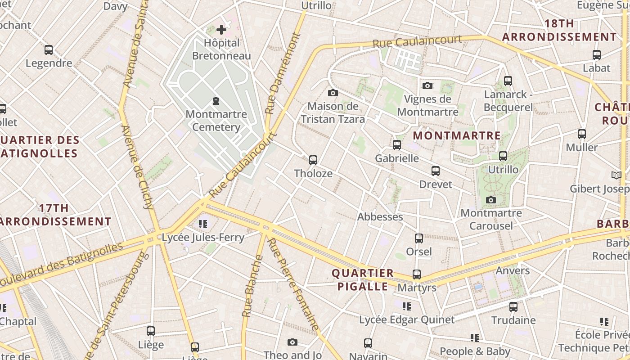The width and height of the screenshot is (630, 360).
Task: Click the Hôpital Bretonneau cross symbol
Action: [x=221, y=30]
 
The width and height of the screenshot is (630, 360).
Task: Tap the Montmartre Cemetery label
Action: [x=216, y=121]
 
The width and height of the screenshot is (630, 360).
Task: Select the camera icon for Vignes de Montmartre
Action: [x=427, y=85]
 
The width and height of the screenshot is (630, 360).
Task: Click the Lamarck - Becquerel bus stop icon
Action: [x=508, y=81]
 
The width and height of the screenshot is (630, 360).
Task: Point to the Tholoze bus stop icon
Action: [x=313, y=160]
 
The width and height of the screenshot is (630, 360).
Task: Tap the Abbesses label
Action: [x=380, y=217]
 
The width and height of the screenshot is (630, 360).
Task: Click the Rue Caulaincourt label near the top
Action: [x=417, y=41]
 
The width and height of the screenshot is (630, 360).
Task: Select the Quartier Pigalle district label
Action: [x=363, y=280]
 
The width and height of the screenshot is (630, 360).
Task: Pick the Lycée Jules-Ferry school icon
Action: [x=203, y=224]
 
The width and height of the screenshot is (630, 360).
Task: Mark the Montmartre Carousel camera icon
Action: [x=491, y=200]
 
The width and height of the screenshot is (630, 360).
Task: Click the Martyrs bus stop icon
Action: [x=417, y=274]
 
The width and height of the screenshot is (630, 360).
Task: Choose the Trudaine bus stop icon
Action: [x=513, y=307]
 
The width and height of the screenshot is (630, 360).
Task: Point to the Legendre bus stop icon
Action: [x=49, y=50]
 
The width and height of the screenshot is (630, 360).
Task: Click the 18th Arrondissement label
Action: [x=559, y=30]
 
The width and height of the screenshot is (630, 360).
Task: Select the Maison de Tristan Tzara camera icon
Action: [x=333, y=93]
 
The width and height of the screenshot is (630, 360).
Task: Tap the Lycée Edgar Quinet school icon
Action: [x=407, y=306]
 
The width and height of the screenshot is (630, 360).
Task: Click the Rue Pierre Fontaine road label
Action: [x=293, y=283]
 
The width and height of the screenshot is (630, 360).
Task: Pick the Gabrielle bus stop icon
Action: [x=396, y=145]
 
